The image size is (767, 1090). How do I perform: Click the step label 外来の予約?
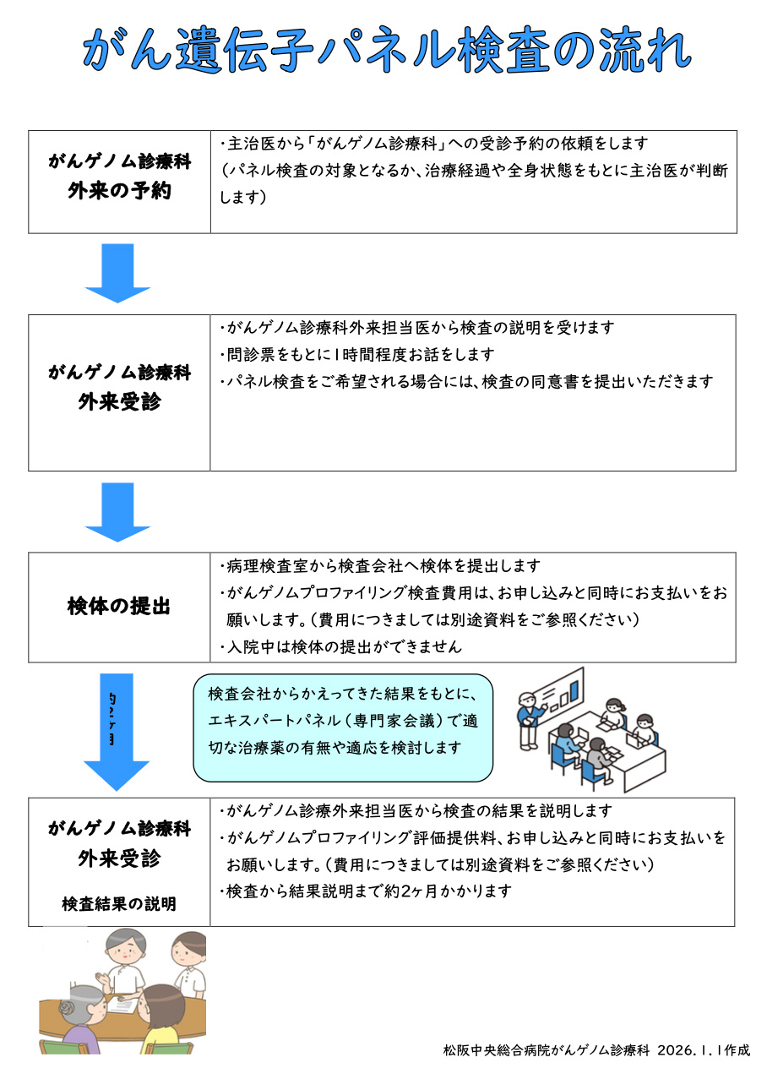(119, 191)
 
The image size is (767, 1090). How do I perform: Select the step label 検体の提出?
(119, 607)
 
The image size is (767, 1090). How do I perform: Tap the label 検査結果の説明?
(119, 904)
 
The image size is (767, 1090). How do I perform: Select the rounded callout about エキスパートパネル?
(343, 727)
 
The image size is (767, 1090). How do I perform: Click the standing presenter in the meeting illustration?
(530, 718)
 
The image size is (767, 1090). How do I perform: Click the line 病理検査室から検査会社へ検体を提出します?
(379, 566)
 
